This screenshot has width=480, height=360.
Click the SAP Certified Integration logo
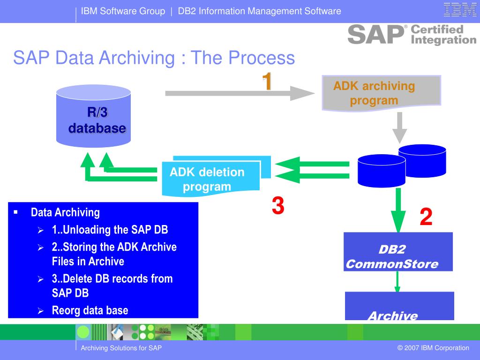(x=411, y=35)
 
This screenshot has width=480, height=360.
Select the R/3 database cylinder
(x=93, y=115)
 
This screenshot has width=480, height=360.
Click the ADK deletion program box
(x=210, y=179)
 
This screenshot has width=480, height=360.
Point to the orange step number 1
(x=267, y=82)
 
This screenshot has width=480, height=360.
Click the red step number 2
(x=426, y=217)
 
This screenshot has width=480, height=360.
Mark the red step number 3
(x=278, y=206)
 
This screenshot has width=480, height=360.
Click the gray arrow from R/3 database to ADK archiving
(x=239, y=93)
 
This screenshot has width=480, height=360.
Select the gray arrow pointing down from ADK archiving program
(x=399, y=127)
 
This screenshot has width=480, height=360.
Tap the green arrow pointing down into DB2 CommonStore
(x=398, y=210)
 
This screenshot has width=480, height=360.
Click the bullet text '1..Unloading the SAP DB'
(x=110, y=230)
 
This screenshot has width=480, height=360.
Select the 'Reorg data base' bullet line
(x=90, y=310)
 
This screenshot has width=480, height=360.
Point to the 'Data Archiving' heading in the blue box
(x=65, y=212)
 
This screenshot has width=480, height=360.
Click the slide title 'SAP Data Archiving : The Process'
(x=154, y=59)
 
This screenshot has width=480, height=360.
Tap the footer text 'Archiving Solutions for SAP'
(x=121, y=348)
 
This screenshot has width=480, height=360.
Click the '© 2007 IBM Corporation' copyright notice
(x=433, y=348)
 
